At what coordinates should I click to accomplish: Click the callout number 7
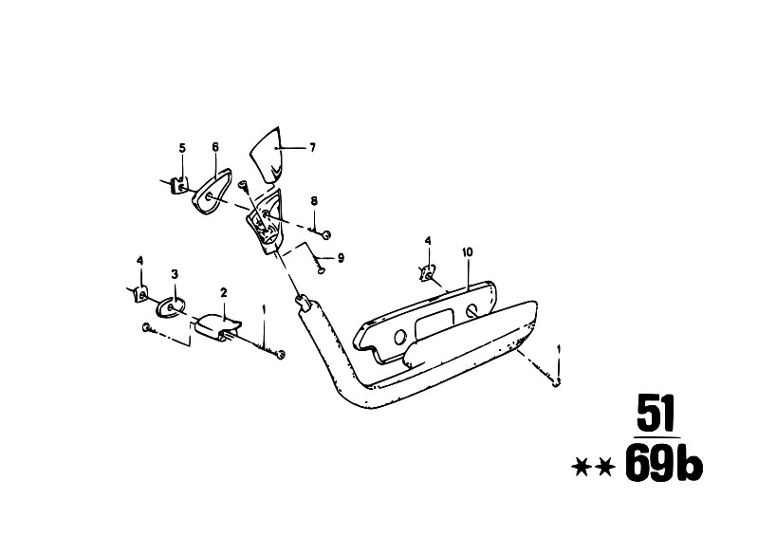(x=312, y=147)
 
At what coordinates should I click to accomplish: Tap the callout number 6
(x=215, y=146)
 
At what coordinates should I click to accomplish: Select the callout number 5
(x=182, y=147)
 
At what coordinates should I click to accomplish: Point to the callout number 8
(x=314, y=201)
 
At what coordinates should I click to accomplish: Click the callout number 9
(x=341, y=258)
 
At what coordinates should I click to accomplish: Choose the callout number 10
(x=468, y=251)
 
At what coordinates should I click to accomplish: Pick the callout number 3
(x=175, y=274)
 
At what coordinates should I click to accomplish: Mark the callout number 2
(x=223, y=292)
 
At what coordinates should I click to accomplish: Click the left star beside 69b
(x=582, y=468)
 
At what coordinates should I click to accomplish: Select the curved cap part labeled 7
(x=267, y=155)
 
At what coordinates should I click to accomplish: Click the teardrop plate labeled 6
(x=212, y=190)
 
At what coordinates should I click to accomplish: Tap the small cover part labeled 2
(x=217, y=326)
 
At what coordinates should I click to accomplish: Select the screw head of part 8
(x=327, y=235)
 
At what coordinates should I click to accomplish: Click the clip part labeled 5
(x=180, y=186)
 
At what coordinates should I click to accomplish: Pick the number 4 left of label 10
(x=427, y=241)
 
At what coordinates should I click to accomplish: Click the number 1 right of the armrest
(x=560, y=349)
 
